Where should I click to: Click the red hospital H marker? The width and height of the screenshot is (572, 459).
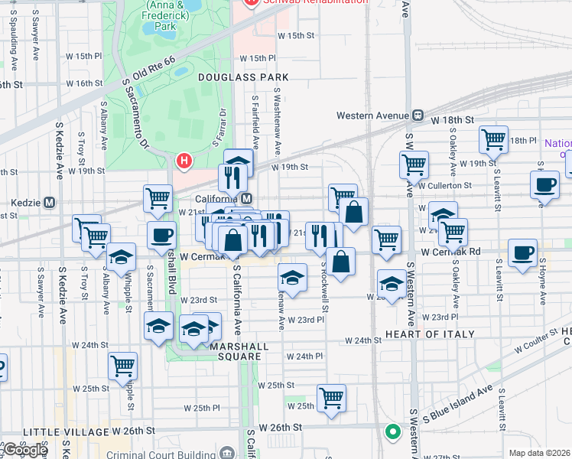click(x=184, y=161)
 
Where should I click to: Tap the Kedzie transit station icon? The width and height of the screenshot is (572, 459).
click(x=50, y=203)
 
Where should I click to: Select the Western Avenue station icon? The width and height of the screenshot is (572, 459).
click(x=418, y=116)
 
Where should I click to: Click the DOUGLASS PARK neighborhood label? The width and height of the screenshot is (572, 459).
click(x=243, y=77)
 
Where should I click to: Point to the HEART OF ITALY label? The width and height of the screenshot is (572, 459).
click(x=430, y=334)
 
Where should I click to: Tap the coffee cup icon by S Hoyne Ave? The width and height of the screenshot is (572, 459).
click(x=545, y=184)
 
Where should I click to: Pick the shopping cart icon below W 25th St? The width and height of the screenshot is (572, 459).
click(x=331, y=397)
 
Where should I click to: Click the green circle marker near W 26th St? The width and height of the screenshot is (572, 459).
click(x=393, y=432)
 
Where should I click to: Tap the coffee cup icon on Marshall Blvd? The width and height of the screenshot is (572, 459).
click(x=161, y=236)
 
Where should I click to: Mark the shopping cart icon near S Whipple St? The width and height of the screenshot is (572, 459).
click(x=122, y=366)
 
